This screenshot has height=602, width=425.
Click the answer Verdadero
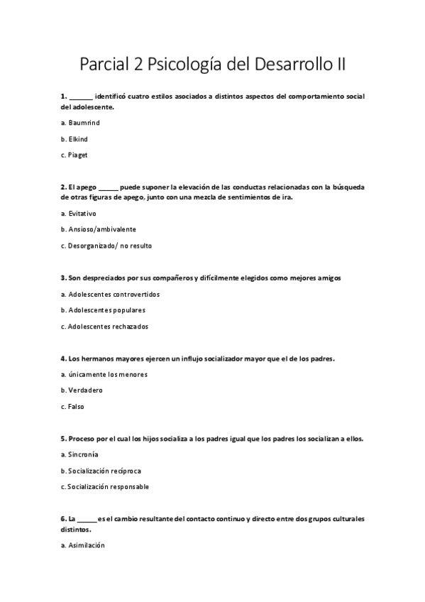pyautogui.click(x=85, y=390)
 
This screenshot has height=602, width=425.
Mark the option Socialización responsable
pyautogui.click(x=109, y=487)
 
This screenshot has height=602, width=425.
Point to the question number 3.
pyautogui.click(x=63, y=278)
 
